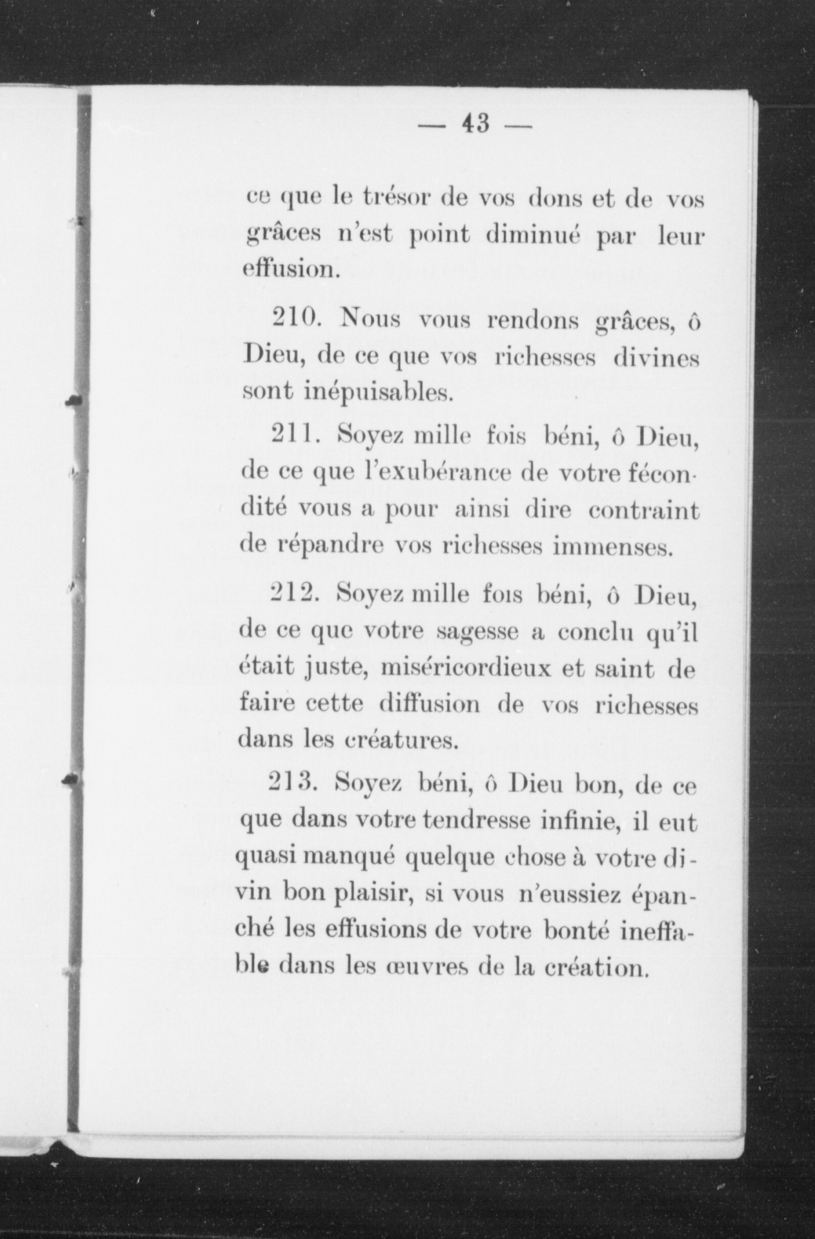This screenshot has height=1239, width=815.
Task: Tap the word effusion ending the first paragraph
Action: (291, 270)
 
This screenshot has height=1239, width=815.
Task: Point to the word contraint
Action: (644, 510)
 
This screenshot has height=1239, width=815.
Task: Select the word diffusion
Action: (430, 705)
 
